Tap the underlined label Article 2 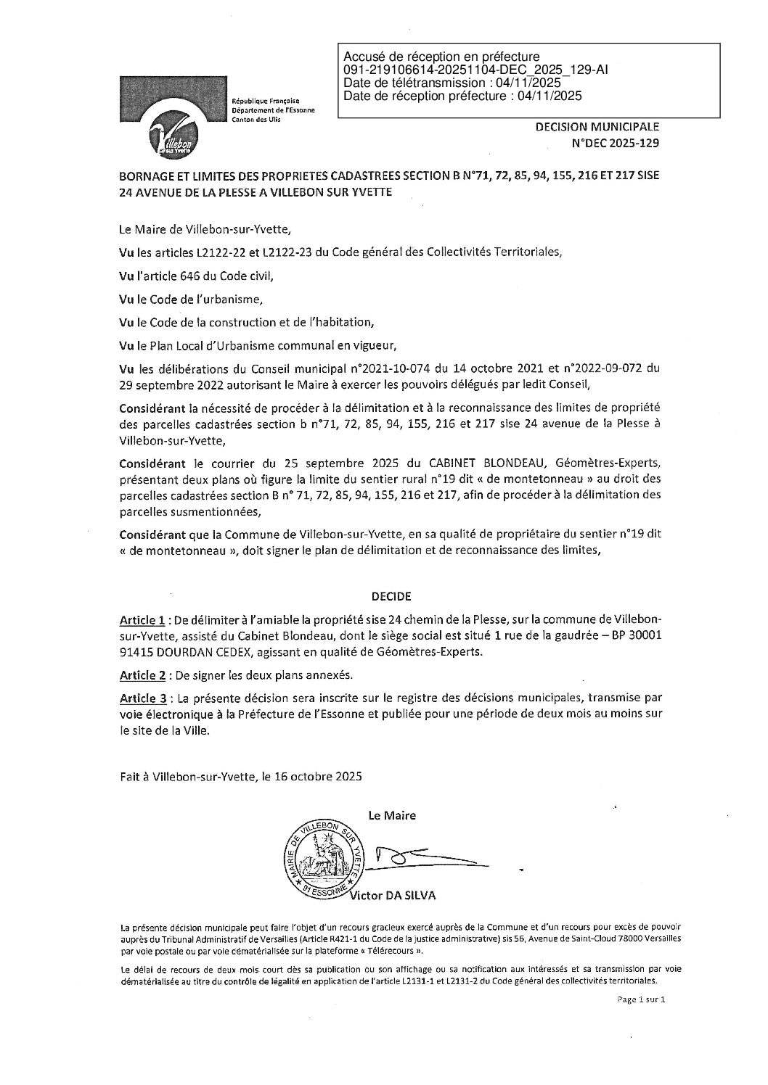click(x=143, y=675)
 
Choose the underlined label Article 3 click(x=143, y=698)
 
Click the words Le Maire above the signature click(x=392, y=815)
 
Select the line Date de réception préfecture click(x=462, y=95)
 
